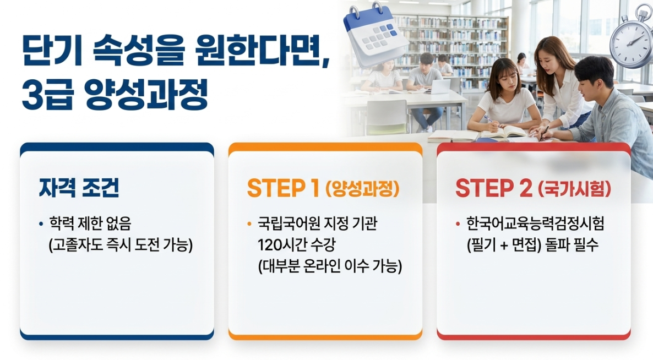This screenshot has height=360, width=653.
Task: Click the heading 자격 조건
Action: [x=79, y=188]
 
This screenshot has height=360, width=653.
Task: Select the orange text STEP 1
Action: [x=283, y=188]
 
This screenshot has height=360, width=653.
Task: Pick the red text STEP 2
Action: [x=494, y=188]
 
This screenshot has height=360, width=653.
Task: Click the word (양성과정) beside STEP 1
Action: [x=362, y=189]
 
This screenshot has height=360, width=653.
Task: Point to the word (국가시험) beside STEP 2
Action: [x=574, y=189]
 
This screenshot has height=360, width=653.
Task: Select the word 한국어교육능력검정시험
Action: [x=535, y=223]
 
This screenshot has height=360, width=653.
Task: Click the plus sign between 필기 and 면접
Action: [x=504, y=245]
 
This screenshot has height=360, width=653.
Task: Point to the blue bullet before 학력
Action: [x=41, y=225]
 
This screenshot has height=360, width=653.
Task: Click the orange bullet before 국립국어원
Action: [x=249, y=225]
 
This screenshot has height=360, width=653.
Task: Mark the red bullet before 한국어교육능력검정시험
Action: [x=458, y=225]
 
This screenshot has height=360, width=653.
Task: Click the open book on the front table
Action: [x=504, y=132]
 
